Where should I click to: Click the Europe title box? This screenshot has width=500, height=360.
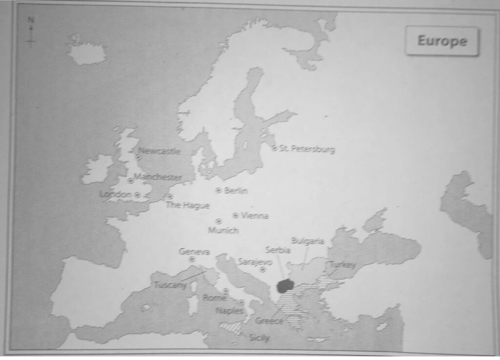pyautogui.click(x=442, y=41)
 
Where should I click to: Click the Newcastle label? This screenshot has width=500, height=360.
pyautogui.click(x=160, y=151)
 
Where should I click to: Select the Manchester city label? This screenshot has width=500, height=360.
pyautogui.click(x=158, y=177)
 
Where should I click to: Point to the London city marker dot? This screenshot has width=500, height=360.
pyautogui.click(x=138, y=195)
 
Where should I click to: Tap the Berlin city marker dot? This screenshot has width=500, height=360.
pyautogui.click(x=218, y=190)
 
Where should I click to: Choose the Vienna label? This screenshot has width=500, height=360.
pyautogui.click(x=254, y=216)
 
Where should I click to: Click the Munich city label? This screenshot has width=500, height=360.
pyautogui.click(x=223, y=230)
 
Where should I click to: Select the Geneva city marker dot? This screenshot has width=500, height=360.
pyautogui.click(x=192, y=260)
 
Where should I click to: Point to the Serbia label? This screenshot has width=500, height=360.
pyautogui.click(x=278, y=250)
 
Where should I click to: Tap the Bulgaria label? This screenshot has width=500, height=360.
pyautogui.click(x=308, y=240)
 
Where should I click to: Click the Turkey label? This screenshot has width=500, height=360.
pyautogui.click(x=343, y=264)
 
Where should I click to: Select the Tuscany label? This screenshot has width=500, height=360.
pyautogui.click(x=170, y=285)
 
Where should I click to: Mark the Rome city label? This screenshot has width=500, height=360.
pyautogui.click(x=214, y=298)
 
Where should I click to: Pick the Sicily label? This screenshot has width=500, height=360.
pyautogui.click(x=259, y=338)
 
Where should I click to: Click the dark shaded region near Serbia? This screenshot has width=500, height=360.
pyautogui.click(x=285, y=286)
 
